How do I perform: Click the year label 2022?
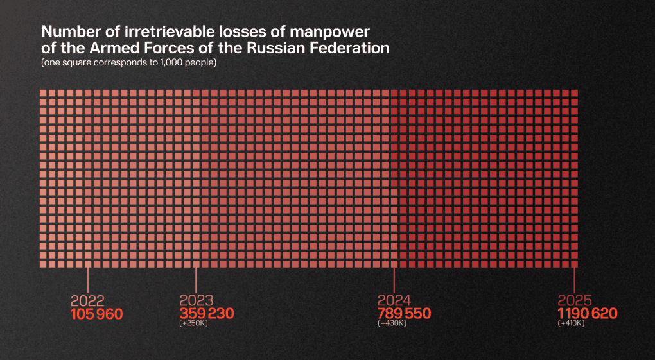[87, 301]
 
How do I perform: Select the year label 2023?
[197, 301]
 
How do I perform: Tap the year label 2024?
[394, 301]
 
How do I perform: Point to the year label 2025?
[575, 301]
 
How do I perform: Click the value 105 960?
[96, 314]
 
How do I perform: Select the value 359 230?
[207, 314]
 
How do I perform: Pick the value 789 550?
[404, 314]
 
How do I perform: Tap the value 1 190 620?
[587, 314]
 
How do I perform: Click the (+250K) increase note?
[194, 323]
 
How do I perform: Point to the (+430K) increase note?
[392, 323]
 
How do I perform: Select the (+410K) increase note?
[572, 323]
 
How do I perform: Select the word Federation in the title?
[351, 48]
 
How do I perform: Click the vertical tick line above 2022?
[87, 281]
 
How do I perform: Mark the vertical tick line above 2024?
[394, 281]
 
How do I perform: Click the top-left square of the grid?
[43, 94]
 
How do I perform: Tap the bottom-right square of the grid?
[575, 264]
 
